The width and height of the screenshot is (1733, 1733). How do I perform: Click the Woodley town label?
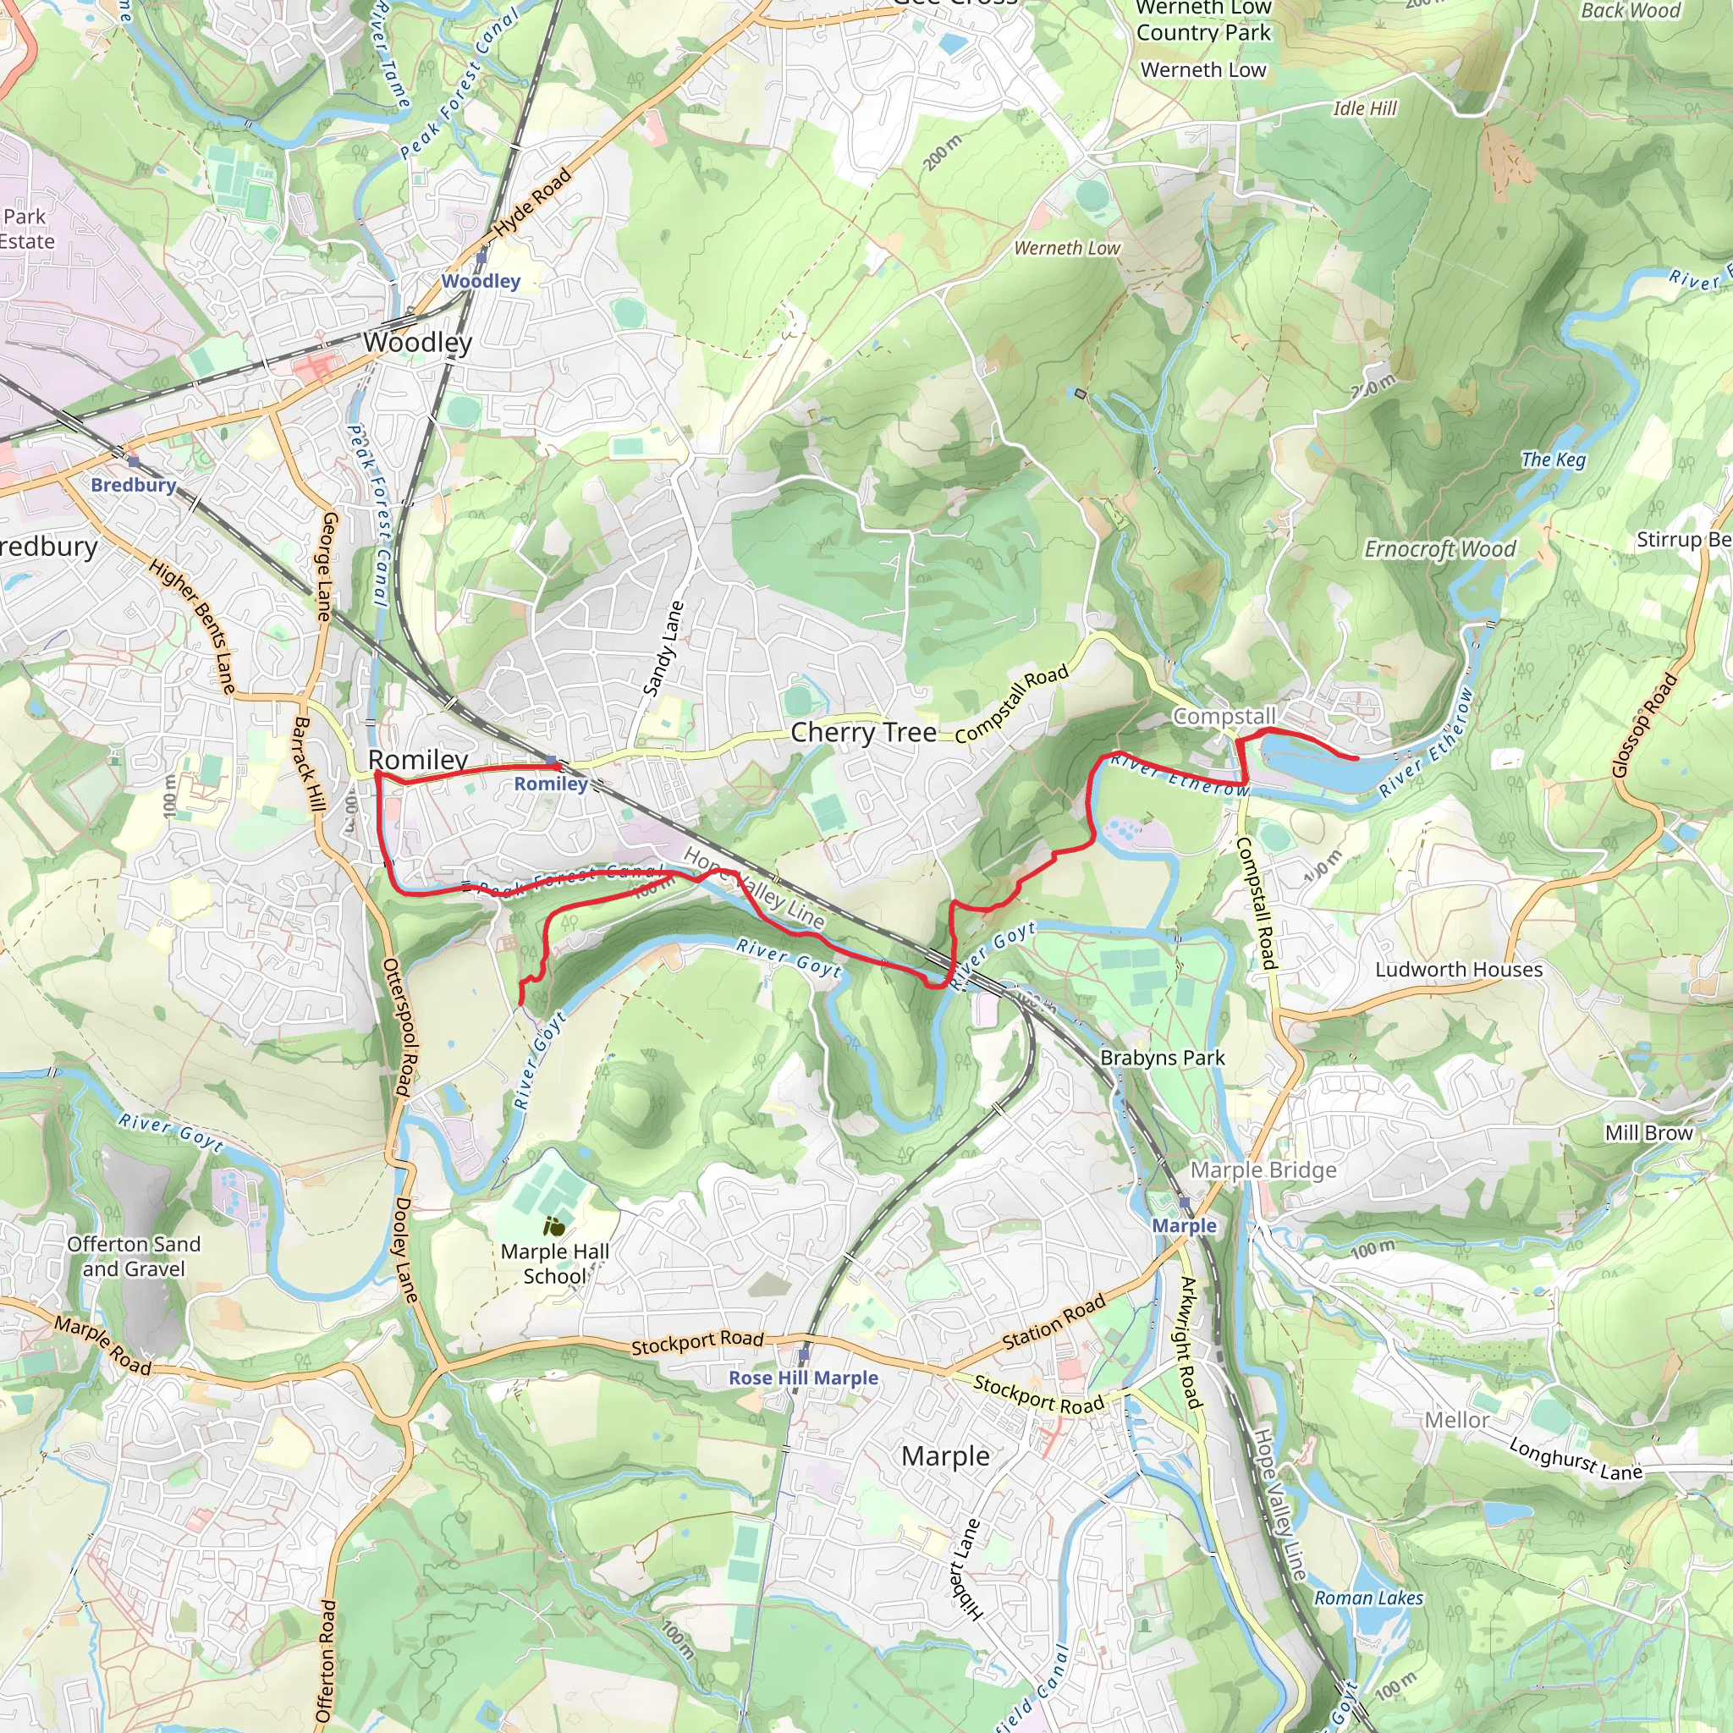coord(418,343)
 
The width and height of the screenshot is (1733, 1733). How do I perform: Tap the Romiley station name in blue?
coord(551,784)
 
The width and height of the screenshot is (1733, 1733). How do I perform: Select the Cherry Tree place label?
coord(863,733)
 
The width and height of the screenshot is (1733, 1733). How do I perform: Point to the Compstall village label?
coord(1224,717)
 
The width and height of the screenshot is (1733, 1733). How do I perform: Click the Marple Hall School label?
coord(554,1264)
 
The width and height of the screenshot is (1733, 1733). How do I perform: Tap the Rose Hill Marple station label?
coord(803,1378)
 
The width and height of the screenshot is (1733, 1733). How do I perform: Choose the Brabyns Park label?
coord(1163,1059)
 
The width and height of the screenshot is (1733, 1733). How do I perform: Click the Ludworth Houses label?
coord(1459,970)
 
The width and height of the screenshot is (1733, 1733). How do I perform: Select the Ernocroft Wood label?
coord(1439,549)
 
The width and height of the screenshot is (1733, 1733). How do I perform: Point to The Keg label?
coord(1554,460)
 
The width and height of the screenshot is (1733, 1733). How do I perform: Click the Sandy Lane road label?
coord(663,648)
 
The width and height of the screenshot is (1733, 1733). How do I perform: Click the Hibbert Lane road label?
coord(966,1570)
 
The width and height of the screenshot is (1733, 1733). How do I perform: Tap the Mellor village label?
coord(1457,1421)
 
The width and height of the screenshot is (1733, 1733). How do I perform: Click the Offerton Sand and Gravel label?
coord(134,1257)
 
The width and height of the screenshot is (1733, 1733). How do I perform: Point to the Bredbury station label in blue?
coord(134,485)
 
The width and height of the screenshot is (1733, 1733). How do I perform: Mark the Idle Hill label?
coord(1364,108)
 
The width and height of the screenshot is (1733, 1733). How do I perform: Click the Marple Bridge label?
coord(1263,1170)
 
